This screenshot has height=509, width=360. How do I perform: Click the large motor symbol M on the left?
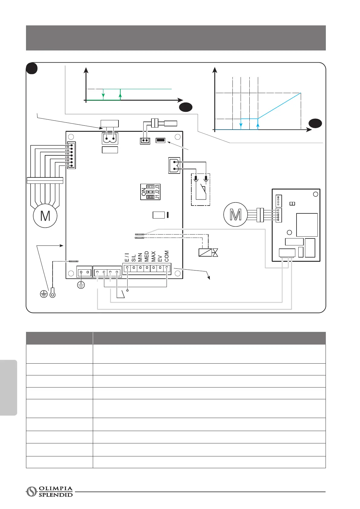coord(45,216)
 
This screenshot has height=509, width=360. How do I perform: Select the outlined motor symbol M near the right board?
coord(235,214)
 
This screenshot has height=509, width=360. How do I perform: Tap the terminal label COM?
coord(167,256)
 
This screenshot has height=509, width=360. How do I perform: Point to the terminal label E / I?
coord(127,258)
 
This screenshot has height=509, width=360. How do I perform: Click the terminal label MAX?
coord(153,256)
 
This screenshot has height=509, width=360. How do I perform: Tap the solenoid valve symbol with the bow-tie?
coord(208,252)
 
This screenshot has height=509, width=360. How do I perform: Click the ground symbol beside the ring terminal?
coord(44,293)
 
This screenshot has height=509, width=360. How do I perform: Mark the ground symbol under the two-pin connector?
coord(81,284)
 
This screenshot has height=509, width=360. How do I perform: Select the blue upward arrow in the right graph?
coord(258,125)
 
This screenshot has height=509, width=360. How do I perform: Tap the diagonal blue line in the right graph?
coord(280,105)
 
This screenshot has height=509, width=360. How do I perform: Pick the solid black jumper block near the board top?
coord(160,140)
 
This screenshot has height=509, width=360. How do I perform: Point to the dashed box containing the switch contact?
coord(201,190)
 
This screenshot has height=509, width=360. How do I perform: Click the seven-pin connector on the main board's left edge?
coord(72,155)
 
